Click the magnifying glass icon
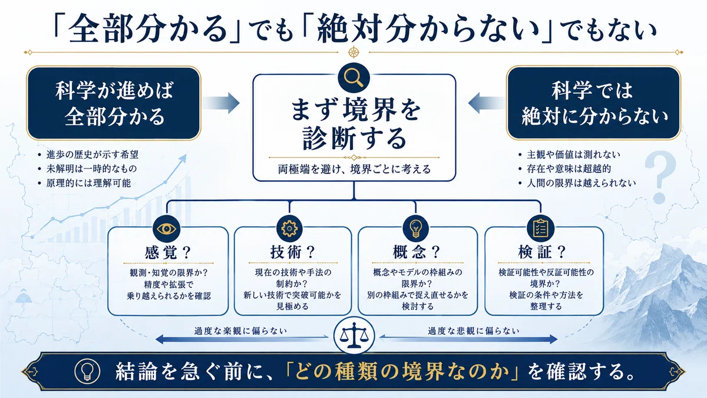point(353,77)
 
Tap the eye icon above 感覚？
point(166,229)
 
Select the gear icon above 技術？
point(289,229)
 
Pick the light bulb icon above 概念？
point(416,229)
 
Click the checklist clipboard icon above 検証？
point(540,229)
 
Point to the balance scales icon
point(354,335)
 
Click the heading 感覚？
point(169,253)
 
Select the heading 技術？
point(293,252)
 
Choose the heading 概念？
point(417,252)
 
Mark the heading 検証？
point(542,252)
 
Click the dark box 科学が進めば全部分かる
point(114,103)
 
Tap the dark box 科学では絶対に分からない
point(593,103)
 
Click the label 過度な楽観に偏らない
point(240,331)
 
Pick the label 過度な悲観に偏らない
point(474,331)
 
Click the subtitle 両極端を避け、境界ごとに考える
point(354,169)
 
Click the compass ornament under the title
point(353,52)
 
